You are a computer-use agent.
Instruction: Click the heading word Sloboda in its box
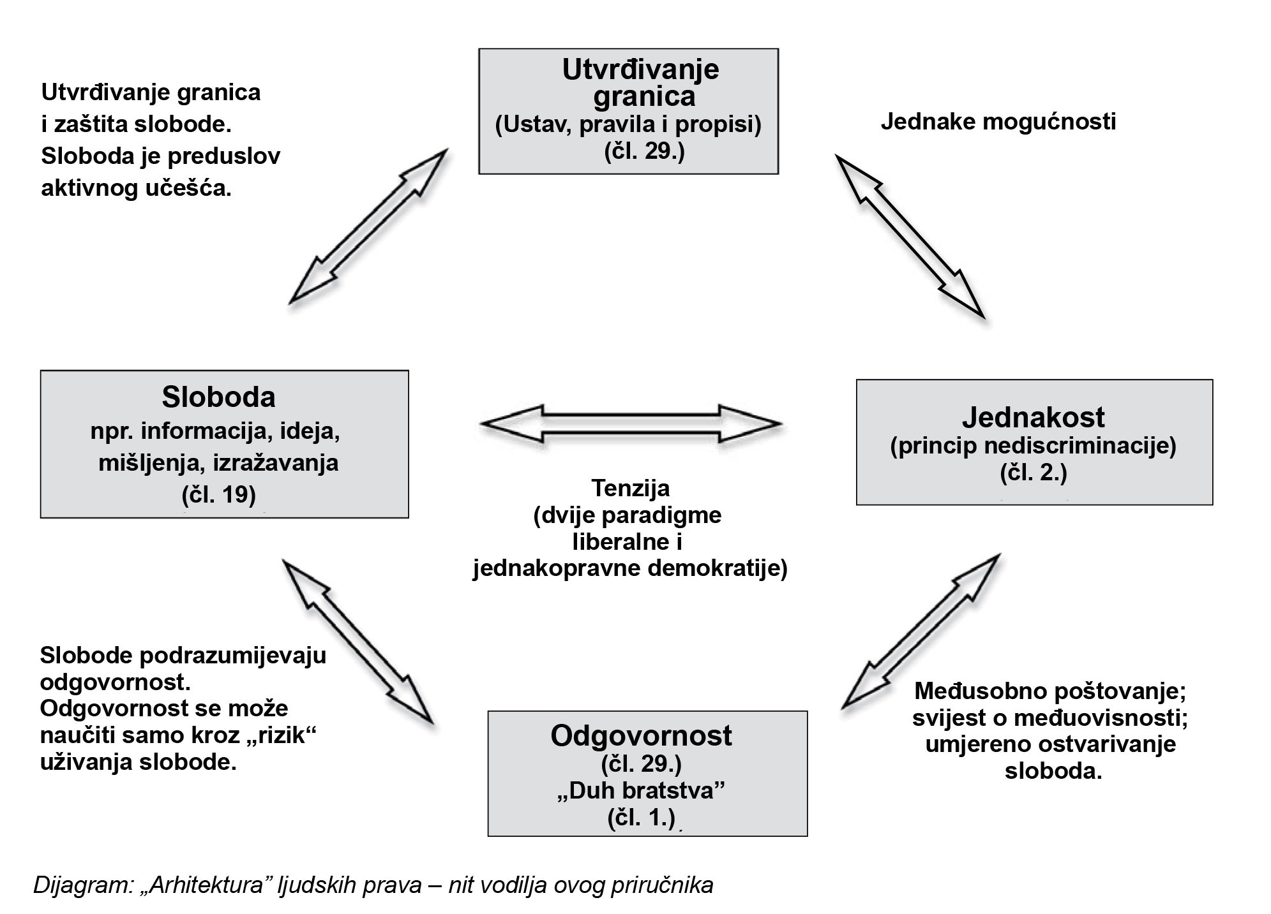[218, 397]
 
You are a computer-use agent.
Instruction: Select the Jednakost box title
[1033, 417]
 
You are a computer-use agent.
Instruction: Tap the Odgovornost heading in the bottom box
[641, 735]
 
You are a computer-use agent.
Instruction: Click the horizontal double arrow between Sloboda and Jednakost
[631, 424]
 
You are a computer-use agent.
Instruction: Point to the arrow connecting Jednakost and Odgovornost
[921, 631]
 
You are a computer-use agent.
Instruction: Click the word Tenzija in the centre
[630, 488]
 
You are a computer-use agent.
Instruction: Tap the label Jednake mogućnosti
[998, 121]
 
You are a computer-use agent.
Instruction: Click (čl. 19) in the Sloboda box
[218, 495]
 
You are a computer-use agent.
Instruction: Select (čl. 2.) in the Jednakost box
[1033, 473]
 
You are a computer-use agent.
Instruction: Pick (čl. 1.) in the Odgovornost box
[641, 818]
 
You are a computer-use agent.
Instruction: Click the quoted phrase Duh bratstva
[641, 791]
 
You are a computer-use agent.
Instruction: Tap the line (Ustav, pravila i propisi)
[628, 124]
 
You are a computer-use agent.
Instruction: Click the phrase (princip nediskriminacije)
[1033, 445]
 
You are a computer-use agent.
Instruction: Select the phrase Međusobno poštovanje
[1049, 691]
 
